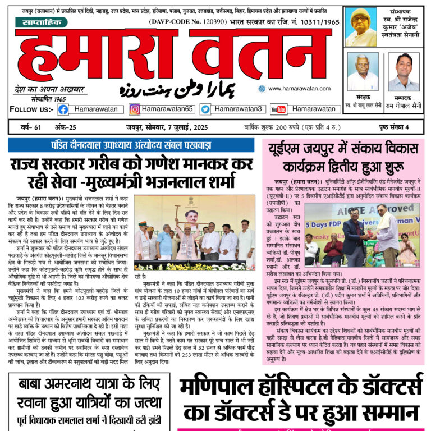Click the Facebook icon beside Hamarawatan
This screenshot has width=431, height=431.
[x=63, y=109]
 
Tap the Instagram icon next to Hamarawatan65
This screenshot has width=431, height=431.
[x=135, y=109]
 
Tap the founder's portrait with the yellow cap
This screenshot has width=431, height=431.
[x=361, y=26]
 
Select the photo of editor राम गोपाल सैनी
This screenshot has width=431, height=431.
[x=404, y=72]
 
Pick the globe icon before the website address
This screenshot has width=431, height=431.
[x=262, y=89]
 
